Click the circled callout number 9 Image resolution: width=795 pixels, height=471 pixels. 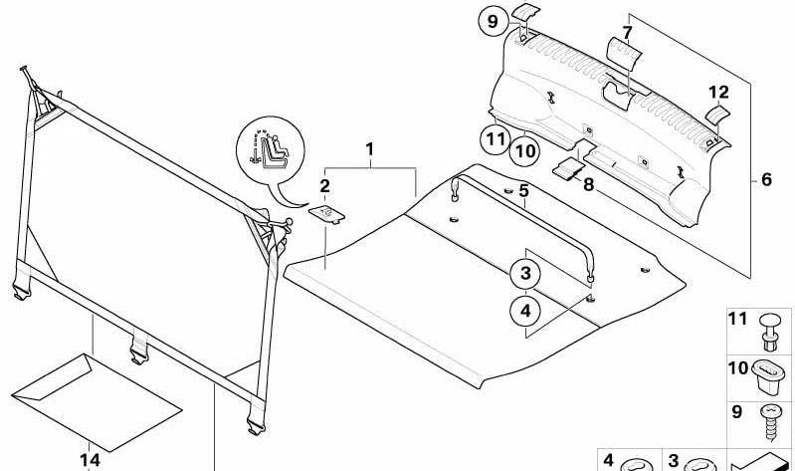pyautogui.click(x=493, y=22)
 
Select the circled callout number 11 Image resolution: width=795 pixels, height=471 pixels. pyautogui.click(x=496, y=139)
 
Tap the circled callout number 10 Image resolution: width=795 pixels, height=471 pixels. pyautogui.click(x=524, y=151)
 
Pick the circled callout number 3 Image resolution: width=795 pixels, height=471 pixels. pyautogui.click(x=525, y=274)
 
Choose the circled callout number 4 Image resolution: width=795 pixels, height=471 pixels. pyautogui.click(x=525, y=310)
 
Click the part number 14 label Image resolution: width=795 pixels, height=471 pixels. pyautogui.click(x=90, y=460)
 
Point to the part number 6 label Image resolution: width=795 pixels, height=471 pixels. pyautogui.click(x=766, y=179)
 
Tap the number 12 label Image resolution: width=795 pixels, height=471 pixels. pyautogui.click(x=719, y=93)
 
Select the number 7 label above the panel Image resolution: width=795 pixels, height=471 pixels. pyautogui.click(x=627, y=33)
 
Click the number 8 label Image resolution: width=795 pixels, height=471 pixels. pyautogui.click(x=588, y=185)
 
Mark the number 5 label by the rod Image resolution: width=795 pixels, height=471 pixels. pyautogui.click(x=523, y=191)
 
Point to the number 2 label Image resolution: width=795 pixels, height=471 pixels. pyautogui.click(x=325, y=186)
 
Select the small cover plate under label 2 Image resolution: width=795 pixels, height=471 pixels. pyautogui.click(x=327, y=214)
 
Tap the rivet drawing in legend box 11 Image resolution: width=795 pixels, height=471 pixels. pyautogui.click(x=770, y=332)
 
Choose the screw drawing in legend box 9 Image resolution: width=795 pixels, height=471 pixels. pyautogui.click(x=771, y=422)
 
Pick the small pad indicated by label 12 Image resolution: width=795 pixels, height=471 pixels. pyautogui.click(x=717, y=115)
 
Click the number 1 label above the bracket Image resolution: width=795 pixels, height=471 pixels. pyautogui.click(x=369, y=149)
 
